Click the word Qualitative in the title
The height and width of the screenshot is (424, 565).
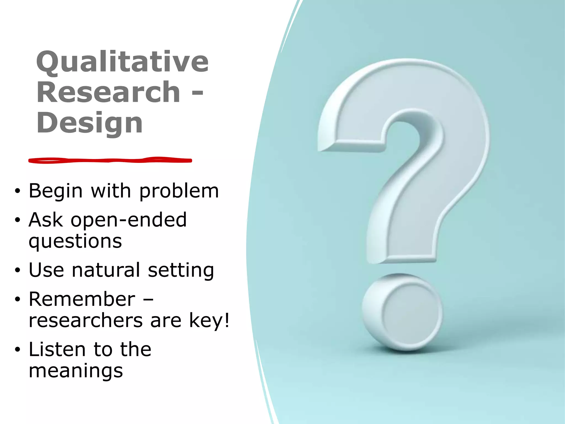pos(122,62)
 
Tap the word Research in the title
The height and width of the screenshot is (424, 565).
pos(108,92)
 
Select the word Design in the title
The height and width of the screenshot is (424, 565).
pos(89,123)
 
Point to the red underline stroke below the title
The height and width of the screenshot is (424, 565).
pos(110,160)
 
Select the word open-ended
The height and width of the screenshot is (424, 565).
pos(129,220)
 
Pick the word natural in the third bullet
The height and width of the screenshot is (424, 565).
pos(106,270)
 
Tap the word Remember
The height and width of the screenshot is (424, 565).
pos(82,299)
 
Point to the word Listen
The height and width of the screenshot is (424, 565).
pos(57,349)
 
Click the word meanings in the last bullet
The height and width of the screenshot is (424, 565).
pos(76,371)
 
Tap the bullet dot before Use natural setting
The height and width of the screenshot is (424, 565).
pos(18,271)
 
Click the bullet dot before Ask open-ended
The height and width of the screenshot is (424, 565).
pos(18,220)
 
